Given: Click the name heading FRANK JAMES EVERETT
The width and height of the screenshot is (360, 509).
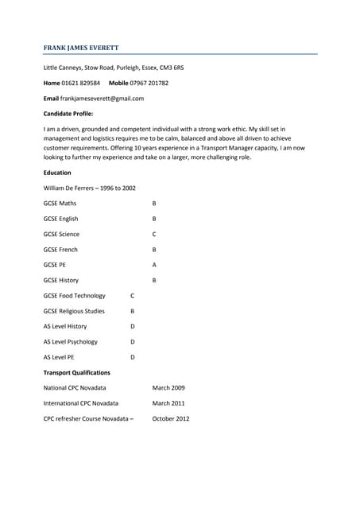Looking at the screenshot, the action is [81, 48].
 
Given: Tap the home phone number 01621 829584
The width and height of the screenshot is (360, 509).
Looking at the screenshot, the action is [82, 83].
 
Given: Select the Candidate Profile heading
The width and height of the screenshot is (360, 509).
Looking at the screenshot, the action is [68, 113].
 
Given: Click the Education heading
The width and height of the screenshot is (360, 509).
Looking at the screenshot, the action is [57, 173].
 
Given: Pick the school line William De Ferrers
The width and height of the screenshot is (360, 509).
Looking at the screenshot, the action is [89, 188].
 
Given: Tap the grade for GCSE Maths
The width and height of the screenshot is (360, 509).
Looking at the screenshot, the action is [154, 204].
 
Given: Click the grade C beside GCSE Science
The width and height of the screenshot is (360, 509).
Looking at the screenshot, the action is [154, 235].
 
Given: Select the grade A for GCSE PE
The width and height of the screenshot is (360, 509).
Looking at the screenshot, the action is [154, 265].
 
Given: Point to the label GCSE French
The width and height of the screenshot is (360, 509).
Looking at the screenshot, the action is [61, 250].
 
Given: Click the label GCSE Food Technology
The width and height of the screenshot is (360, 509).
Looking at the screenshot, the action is [75, 296].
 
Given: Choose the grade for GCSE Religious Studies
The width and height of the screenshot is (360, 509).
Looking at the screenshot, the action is [133, 311].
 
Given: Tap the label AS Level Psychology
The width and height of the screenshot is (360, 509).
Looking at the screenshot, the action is [71, 342].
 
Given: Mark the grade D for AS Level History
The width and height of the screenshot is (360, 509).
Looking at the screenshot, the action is [133, 326].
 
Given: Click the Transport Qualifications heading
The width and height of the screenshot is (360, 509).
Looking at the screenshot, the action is [77, 372].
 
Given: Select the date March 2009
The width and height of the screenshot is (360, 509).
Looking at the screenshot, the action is [168, 388].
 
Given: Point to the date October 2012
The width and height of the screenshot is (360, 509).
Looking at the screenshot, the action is [171, 418].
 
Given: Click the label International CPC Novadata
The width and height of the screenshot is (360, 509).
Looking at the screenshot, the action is [81, 403].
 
